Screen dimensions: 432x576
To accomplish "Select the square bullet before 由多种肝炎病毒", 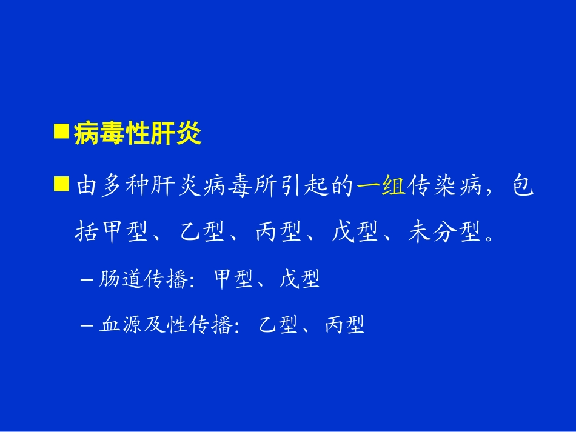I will [61, 184].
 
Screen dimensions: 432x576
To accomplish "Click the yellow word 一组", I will [381, 188].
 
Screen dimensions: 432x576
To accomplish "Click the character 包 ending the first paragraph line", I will [523, 188].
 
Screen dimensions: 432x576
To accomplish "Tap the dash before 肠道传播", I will [86, 280].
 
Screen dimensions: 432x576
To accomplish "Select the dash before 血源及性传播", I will [86, 326].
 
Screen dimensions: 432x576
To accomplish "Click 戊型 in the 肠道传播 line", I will [300, 279].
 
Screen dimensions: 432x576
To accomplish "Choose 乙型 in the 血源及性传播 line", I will [278, 325].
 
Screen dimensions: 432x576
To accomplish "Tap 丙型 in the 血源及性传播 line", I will [344, 325].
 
